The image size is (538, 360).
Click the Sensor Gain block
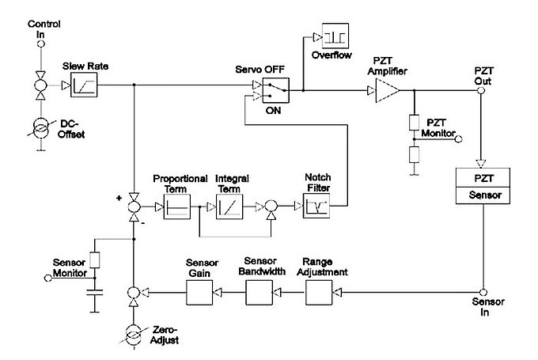[198, 294]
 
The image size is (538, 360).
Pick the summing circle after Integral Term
[271, 209]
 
